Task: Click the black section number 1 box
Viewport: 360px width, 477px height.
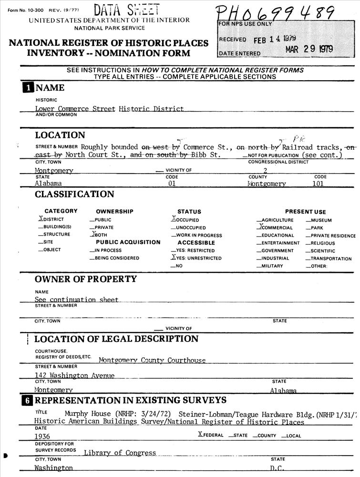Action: click(29, 88)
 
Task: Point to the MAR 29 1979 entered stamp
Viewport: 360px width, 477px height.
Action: click(309, 50)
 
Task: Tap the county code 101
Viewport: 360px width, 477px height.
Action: click(318, 183)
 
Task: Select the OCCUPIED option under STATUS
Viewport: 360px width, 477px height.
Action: click(185, 220)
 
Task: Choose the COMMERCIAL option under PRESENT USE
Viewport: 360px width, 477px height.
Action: click(275, 228)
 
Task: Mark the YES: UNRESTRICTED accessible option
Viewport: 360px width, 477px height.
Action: click(196, 258)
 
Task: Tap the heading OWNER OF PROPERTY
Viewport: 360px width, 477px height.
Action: click(85, 279)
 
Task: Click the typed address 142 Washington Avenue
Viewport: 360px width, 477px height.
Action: click(74, 375)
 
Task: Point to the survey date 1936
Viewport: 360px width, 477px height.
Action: click(42, 436)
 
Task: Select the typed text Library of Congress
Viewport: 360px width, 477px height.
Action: click(120, 453)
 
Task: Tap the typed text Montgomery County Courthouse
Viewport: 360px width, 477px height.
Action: click(152, 360)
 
